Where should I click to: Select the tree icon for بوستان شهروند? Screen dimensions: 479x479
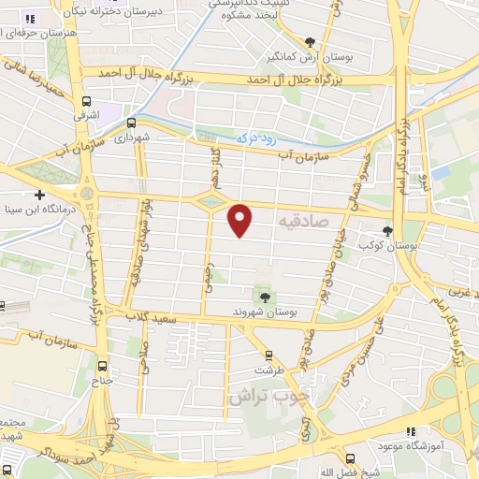[x=266, y=296]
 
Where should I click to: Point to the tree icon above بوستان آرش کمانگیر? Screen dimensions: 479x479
[x=310, y=41]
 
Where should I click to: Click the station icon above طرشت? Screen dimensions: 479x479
[x=269, y=355]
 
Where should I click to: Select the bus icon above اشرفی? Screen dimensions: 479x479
[x=87, y=101]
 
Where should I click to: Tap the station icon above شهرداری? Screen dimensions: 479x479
[x=131, y=122]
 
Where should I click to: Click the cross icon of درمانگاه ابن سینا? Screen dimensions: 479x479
[x=38, y=195]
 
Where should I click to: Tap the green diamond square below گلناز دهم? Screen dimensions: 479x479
[x=212, y=200]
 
